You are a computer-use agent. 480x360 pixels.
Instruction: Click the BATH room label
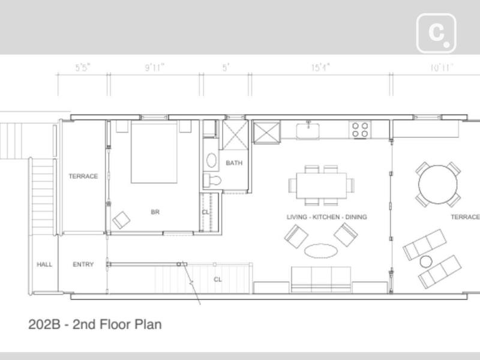(234, 163)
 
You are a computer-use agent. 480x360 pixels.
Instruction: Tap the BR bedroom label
(155, 212)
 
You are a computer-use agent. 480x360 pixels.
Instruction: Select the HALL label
(44, 264)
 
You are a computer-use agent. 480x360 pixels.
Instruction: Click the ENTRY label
(83, 264)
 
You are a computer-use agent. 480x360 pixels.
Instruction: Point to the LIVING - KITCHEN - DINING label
(326, 217)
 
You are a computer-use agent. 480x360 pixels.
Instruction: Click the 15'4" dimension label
(320, 67)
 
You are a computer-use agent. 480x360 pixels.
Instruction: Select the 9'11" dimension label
(155, 67)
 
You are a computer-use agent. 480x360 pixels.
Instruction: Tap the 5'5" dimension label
(83, 67)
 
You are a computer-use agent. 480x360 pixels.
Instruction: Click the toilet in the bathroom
(212, 180)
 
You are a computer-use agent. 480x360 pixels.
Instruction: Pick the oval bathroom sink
(211, 160)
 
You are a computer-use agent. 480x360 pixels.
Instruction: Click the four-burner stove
(360, 130)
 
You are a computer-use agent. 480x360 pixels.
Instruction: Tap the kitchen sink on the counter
(308, 131)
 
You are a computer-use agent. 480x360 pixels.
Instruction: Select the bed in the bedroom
(154, 152)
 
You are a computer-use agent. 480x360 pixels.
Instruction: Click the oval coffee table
(321, 251)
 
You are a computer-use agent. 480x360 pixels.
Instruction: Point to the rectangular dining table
(322, 185)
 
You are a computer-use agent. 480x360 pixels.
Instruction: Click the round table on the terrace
(438, 185)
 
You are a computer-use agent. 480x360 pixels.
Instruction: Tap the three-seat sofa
(321, 280)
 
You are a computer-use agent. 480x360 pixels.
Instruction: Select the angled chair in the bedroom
(121, 220)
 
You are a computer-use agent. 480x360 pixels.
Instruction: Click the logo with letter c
(436, 33)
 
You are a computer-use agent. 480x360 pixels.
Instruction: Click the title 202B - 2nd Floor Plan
(95, 325)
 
